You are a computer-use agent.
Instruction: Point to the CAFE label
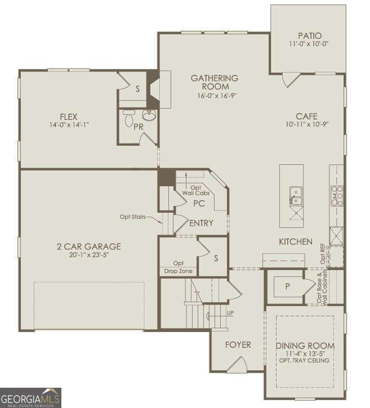pos(307,116)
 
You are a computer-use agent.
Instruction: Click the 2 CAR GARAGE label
pos(89,246)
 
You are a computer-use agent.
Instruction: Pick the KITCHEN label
pos(296,241)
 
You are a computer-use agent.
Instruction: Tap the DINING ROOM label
pos(306,346)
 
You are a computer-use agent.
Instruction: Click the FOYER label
pos(238,344)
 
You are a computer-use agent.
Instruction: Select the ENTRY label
pos(201,223)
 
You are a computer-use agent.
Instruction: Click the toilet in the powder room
pos(128,119)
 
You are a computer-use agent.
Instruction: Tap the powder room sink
pos(149,116)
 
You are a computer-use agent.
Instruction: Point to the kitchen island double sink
pos(295,195)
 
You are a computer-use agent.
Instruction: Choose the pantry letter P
pos(287,286)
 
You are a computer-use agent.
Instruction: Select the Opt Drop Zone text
pos(179,267)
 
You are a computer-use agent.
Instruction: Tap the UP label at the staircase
pos(230,312)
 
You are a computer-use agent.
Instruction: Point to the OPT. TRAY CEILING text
pos(306,361)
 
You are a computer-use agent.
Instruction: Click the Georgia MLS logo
pos(31,397)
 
